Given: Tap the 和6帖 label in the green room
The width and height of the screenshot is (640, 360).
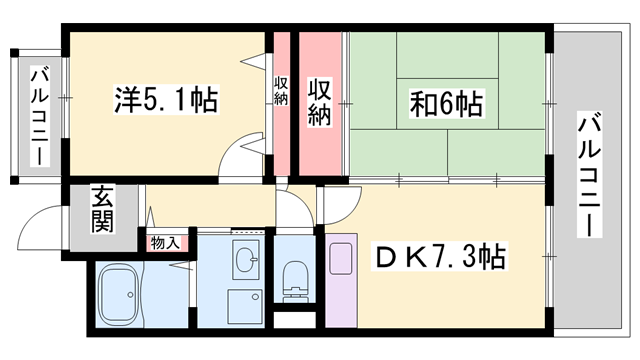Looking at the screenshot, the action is coord(447,103).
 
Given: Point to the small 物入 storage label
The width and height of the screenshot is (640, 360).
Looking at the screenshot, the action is coord(166,243).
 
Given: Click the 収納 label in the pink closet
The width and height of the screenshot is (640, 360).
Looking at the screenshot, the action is coord(320,101).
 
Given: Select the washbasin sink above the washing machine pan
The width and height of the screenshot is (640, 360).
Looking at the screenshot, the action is coord(244,262).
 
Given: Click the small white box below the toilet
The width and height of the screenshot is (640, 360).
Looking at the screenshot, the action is coord(294,321).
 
